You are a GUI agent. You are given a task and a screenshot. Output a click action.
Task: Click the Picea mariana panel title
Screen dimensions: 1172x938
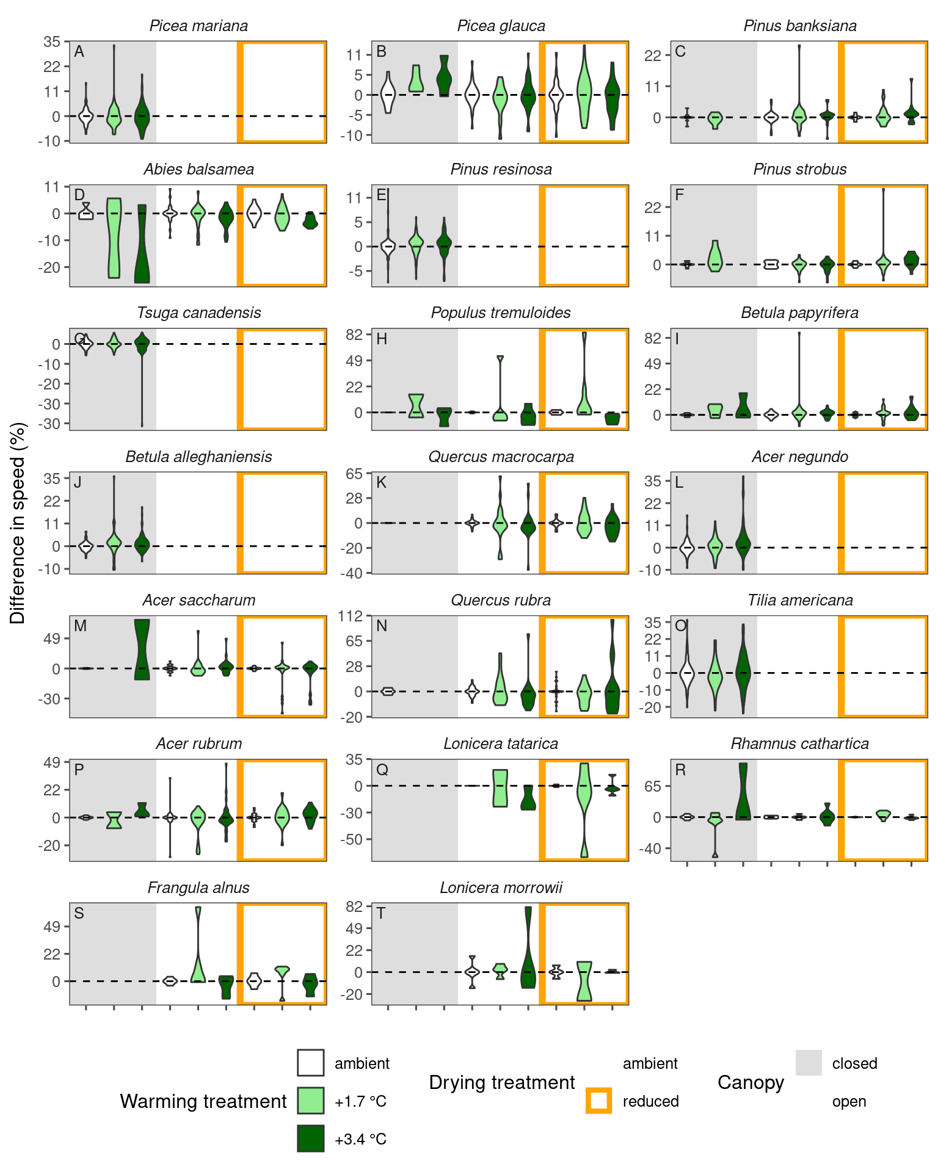click(x=198, y=26)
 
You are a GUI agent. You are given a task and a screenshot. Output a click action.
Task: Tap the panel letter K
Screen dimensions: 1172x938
click(x=382, y=483)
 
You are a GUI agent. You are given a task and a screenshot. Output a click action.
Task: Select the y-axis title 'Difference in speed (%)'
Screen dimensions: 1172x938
click(x=18, y=523)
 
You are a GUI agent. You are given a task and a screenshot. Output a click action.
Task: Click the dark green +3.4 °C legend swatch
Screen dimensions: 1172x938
click(x=310, y=1138)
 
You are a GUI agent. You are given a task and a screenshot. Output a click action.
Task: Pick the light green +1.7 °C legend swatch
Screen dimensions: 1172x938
click(x=310, y=1101)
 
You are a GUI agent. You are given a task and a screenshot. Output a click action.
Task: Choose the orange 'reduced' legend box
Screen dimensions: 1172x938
click(x=598, y=1101)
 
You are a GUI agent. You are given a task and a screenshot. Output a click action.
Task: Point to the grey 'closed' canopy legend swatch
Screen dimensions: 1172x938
click(x=809, y=1063)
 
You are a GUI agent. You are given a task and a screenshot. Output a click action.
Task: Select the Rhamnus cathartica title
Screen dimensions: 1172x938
click(x=799, y=744)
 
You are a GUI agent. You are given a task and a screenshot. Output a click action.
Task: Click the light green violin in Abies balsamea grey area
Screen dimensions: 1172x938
click(x=114, y=238)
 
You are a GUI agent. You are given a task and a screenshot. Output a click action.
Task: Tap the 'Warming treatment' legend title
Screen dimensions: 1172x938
click(x=203, y=1101)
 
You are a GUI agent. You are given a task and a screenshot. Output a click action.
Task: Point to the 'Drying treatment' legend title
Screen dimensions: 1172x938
click(x=501, y=1082)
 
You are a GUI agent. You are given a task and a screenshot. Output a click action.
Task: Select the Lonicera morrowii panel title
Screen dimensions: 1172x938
click(x=501, y=888)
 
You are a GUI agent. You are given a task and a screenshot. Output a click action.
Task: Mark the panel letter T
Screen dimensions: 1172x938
click(x=381, y=913)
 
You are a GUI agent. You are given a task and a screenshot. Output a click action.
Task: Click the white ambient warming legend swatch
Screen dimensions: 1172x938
click(x=310, y=1063)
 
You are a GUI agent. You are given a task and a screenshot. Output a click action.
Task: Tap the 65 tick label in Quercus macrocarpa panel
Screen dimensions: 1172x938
click(x=354, y=474)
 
